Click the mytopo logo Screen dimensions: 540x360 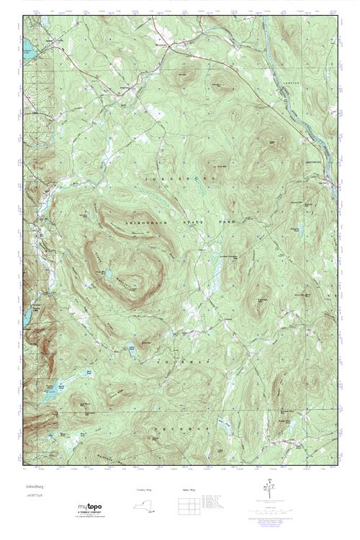[91, 509]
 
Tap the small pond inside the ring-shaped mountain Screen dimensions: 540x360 [107, 274]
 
